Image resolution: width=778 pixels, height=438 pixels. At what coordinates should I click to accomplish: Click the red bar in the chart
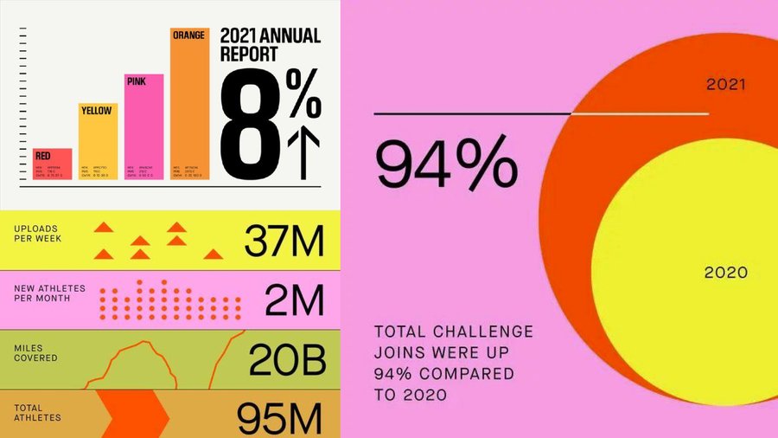[53, 164]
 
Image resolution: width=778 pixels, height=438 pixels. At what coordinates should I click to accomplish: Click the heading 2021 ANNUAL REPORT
[270, 45]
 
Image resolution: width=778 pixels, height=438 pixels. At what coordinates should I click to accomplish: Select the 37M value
[284, 240]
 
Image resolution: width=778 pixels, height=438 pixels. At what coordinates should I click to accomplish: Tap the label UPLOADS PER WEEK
[40, 235]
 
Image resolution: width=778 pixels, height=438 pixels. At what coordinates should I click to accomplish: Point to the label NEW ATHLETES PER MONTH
[44, 293]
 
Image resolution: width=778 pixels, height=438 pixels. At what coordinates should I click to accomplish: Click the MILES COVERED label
[35, 352]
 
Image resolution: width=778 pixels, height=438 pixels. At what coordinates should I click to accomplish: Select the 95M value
[280, 418]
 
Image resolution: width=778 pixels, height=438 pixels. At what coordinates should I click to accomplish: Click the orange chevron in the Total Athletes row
[134, 414]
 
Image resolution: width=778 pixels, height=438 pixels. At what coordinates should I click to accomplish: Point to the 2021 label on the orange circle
[726, 85]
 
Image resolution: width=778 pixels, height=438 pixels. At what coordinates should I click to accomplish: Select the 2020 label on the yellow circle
[725, 272]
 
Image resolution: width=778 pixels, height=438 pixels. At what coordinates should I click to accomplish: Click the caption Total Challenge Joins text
[454, 364]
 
